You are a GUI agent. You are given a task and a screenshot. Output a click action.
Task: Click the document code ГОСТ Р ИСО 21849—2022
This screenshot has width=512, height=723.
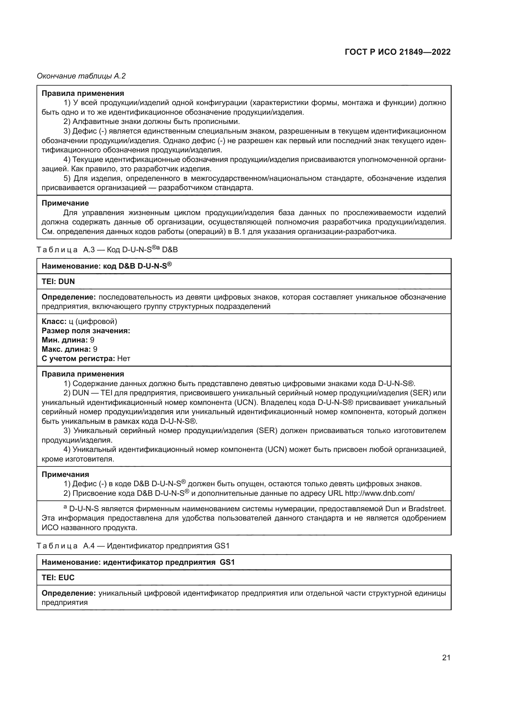click(397, 52)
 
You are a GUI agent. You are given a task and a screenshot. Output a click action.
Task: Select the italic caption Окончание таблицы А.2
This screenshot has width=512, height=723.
click(81, 76)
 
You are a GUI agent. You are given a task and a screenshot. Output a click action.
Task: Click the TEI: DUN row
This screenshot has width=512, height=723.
click(58, 282)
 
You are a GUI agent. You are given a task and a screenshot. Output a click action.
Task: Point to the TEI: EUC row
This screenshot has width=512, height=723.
click(58, 577)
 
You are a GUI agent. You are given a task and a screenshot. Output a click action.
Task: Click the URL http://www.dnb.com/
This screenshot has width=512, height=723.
click(380, 493)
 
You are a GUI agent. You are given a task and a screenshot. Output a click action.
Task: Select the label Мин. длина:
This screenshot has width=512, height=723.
click(65, 340)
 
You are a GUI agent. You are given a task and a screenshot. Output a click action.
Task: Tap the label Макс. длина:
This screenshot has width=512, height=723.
click(66, 349)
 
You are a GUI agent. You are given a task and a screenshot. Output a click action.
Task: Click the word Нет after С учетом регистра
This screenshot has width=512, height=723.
click(124, 358)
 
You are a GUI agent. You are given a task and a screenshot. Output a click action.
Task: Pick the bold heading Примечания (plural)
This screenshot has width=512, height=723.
click(65, 474)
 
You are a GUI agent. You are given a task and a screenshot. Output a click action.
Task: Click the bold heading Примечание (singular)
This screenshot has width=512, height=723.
click(65, 203)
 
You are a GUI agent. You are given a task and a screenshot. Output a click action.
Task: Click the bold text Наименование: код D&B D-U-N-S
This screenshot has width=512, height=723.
click(106, 266)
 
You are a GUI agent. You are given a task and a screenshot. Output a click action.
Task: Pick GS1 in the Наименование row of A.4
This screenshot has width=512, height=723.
click(227, 562)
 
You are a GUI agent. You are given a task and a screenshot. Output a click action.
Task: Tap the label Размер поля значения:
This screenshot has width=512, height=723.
click(86, 331)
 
